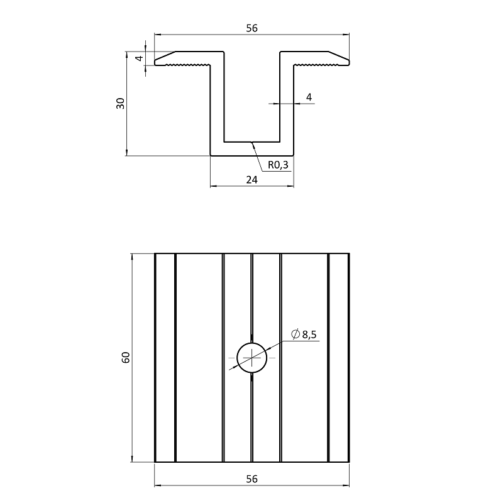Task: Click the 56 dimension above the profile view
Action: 252,28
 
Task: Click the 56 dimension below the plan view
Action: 252,479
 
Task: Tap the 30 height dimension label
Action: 120,103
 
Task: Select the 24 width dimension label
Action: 252,180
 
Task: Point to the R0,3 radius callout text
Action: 278,165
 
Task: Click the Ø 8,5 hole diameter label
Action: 304,334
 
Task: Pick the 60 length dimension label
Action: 126,357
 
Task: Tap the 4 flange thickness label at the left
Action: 140,58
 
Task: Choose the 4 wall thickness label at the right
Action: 309,97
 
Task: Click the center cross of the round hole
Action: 252,358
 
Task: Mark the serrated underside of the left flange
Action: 187,65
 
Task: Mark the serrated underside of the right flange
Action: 316,65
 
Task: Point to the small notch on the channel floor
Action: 252,142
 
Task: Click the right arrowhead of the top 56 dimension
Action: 346,34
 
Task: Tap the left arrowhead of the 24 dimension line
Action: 214,185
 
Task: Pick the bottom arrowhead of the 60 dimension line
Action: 132,458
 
